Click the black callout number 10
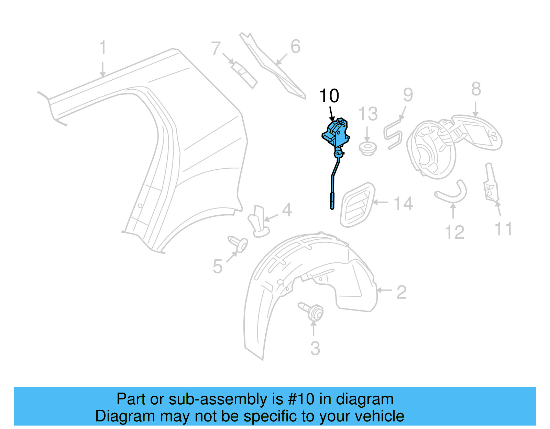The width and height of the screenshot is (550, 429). (x=329, y=96)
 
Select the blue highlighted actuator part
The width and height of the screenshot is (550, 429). (x=336, y=135)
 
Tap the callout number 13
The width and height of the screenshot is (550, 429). (x=368, y=114)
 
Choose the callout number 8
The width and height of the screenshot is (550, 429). (x=476, y=89)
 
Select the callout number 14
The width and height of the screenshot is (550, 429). (x=403, y=204)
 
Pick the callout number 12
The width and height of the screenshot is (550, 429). (x=454, y=233)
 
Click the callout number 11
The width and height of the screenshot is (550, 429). (x=503, y=229)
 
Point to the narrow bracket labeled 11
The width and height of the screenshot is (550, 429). (x=491, y=183)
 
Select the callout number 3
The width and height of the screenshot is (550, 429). (x=315, y=348)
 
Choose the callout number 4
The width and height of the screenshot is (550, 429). (x=287, y=210)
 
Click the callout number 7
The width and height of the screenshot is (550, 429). (x=216, y=48)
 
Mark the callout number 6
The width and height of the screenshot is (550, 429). (x=295, y=47)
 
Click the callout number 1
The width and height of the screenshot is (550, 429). (x=102, y=48)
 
